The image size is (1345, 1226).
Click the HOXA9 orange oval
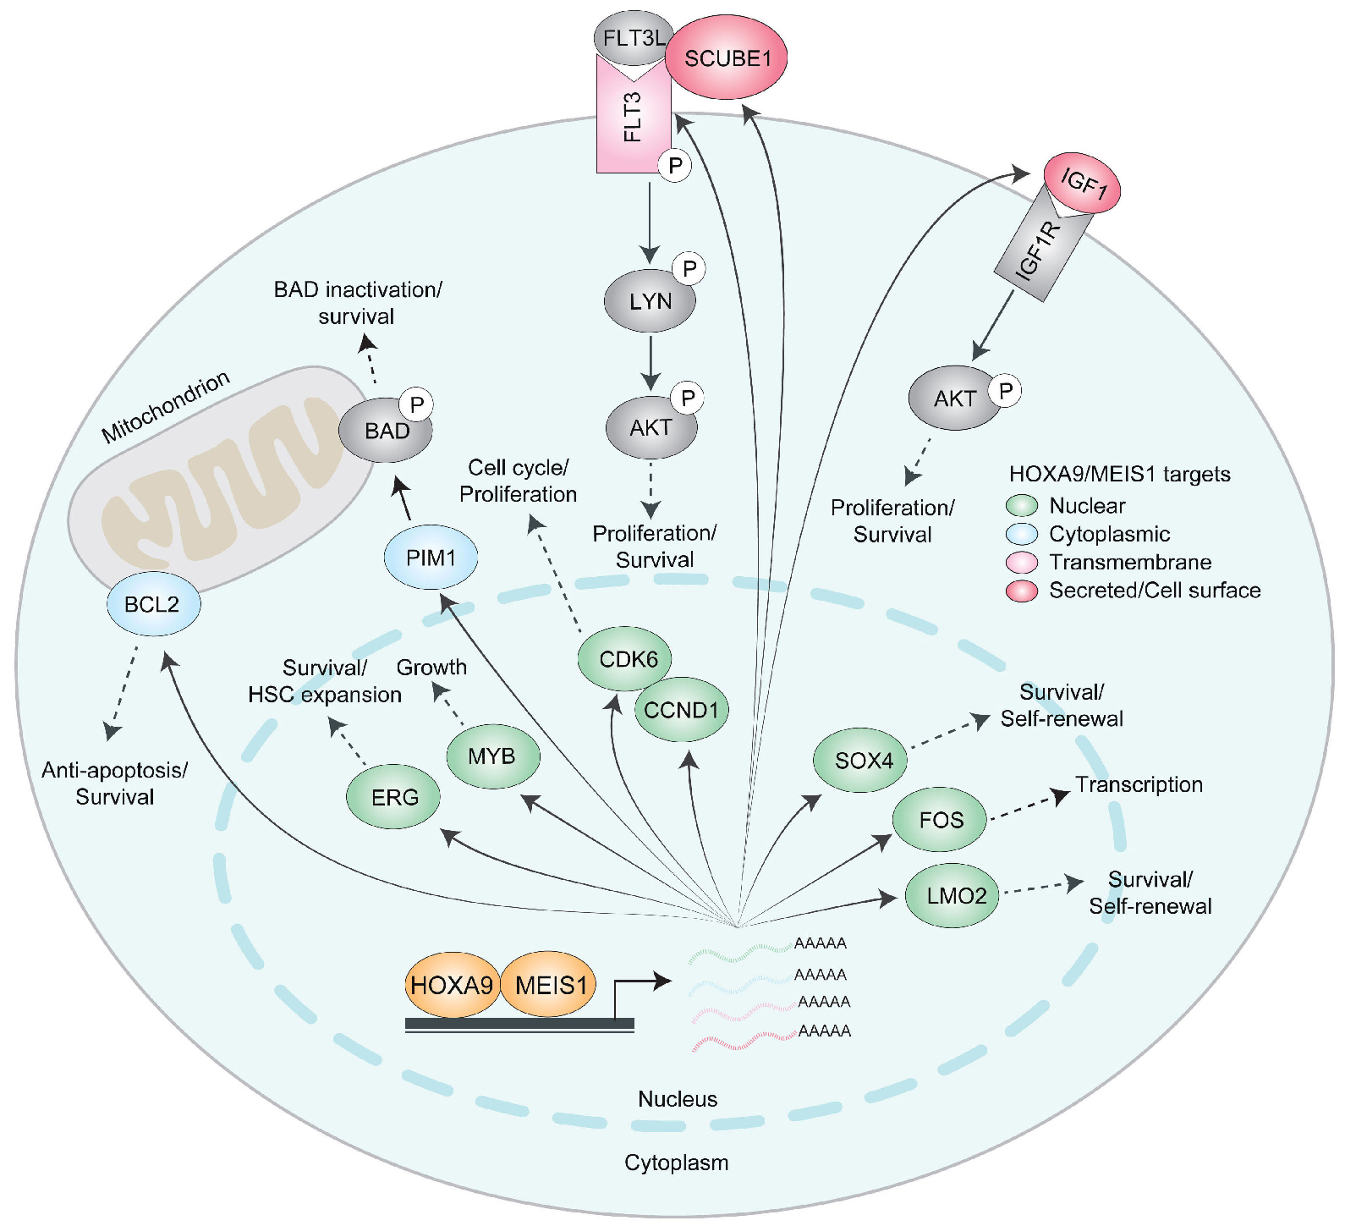coord(452,986)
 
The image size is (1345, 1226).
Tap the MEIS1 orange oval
coord(550,986)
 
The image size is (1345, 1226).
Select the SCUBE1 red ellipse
coord(727,58)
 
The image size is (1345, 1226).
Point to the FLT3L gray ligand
coord(633,38)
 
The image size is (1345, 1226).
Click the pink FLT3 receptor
coord(632,118)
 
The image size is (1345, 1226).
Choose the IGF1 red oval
coord(1083,182)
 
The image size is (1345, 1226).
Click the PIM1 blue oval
coord(431,558)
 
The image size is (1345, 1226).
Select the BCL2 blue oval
coord(153,604)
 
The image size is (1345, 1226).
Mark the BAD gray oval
coord(385,431)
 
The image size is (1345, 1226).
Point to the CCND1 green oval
coord(682,710)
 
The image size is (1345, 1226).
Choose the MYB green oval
coord(492,756)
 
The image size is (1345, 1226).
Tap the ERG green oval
coord(394,797)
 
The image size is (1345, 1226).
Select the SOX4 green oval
coord(861,761)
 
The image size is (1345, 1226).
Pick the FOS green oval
coord(940,819)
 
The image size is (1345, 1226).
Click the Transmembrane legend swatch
coord(1022,563)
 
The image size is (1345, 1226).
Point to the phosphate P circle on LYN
coord(689,269)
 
